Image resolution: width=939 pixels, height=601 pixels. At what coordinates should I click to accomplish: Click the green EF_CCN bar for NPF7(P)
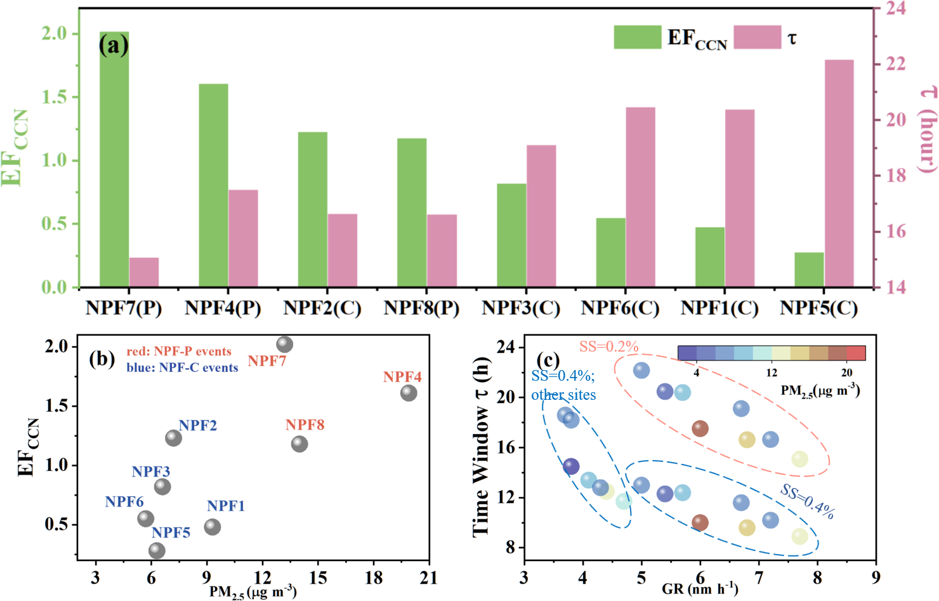coord(114,159)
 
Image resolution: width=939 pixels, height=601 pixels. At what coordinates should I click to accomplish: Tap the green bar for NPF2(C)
coord(313,209)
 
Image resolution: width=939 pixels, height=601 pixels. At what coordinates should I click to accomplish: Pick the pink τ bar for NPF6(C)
coord(640,197)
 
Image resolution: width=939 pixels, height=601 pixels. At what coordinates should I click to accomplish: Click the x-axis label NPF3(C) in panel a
coord(521,308)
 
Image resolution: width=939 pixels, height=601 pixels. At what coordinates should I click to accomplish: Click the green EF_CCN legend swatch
coord(637,37)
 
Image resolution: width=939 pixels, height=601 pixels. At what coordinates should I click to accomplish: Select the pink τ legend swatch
coord(757,37)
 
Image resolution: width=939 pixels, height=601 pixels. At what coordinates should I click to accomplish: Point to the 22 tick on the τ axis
coord(896,64)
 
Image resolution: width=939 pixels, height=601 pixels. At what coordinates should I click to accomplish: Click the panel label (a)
coord(114,45)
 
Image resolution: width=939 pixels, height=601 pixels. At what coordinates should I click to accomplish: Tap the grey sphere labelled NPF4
coord(409,393)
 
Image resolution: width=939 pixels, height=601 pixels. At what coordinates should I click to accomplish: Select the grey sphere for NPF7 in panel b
coord(285,345)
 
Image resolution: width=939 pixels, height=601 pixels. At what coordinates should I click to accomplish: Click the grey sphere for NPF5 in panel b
coord(157,551)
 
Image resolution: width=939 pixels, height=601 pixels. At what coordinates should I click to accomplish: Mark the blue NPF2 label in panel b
coord(197,425)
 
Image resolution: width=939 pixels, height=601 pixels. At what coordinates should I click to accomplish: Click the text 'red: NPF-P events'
coord(179,352)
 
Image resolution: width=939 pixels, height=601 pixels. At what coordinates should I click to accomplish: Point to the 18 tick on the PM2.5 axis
coord(374,578)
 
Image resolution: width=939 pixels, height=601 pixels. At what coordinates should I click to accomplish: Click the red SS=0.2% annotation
coord(608,347)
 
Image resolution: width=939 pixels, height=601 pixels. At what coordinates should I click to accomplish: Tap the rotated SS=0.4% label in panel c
coord(807,502)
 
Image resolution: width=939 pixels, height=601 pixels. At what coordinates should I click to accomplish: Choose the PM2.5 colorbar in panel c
coord(771,353)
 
